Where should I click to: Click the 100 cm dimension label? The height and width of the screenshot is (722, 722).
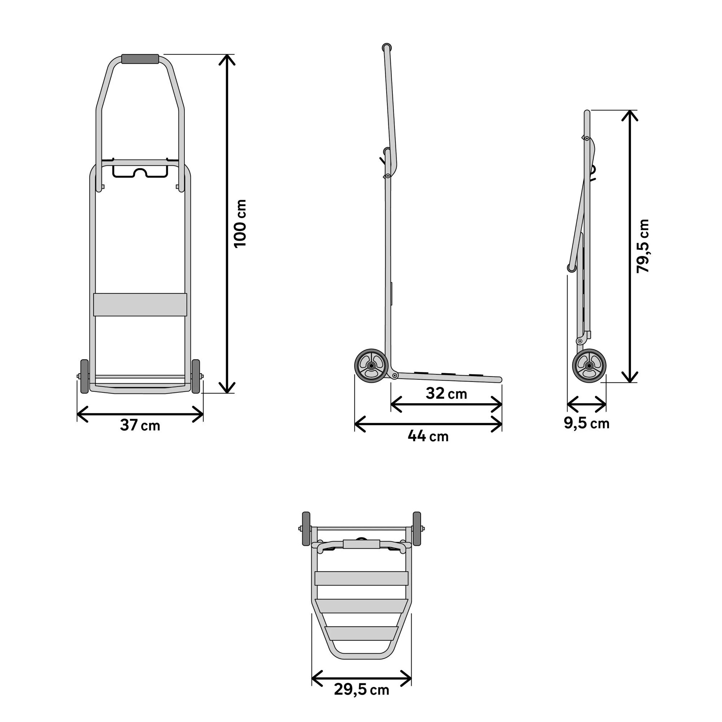pos(240,223)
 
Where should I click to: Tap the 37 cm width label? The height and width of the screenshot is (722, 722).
pos(140,425)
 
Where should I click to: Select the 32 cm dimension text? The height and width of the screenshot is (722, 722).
pos(446,393)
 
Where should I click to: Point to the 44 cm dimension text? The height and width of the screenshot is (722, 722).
pos(428,436)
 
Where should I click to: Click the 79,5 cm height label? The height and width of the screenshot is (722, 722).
pos(643,246)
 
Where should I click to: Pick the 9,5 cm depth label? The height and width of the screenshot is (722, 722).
pos(587,423)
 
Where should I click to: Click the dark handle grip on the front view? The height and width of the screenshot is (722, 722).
pos(140,59)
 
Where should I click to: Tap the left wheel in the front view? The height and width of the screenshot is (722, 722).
pos(84,376)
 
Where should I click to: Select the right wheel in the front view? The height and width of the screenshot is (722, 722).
pos(196,376)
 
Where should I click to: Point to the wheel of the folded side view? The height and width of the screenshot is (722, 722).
pos(590,365)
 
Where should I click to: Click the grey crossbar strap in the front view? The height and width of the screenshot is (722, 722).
pos(140,305)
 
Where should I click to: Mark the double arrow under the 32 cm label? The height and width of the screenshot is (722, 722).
pos(446,404)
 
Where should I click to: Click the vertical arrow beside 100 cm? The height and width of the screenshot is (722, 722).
pos(227,223)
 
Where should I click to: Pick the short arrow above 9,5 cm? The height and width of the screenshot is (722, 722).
pos(587,404)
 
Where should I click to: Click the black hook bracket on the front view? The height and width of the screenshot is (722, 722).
pos(140,171)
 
